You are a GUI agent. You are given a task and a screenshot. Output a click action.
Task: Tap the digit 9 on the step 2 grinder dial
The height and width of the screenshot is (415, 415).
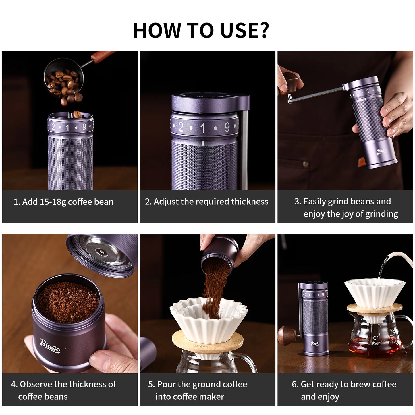[227, 127]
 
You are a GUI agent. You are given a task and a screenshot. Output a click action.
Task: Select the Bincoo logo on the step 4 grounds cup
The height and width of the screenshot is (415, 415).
[50, 345]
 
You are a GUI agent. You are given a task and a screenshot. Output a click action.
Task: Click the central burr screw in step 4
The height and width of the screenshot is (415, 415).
[101, 252]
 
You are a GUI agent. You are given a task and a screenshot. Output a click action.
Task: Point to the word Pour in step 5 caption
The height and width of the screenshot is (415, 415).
[166, 384]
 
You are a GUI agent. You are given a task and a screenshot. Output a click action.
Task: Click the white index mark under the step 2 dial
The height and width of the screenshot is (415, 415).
[203, 143]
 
